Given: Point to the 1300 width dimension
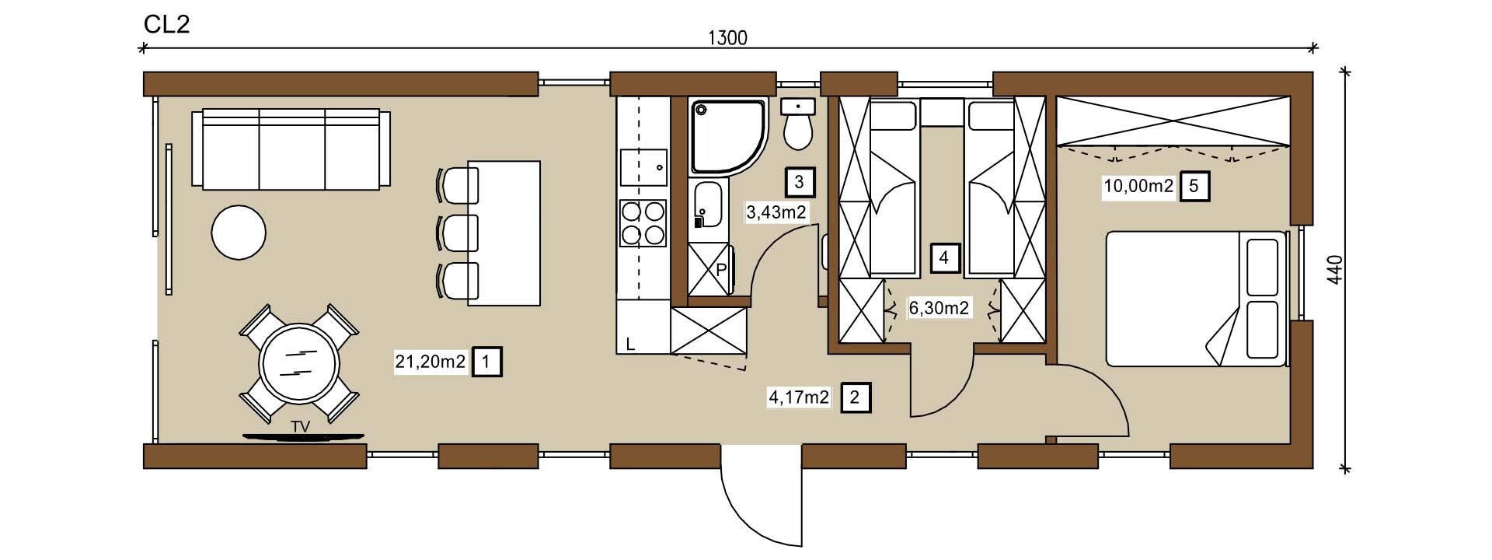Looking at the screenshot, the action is (x=728, y=37).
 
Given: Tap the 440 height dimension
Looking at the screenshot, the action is (x=1335, y=270).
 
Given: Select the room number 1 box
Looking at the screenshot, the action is (x=486, y=362).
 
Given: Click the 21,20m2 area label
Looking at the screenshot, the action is (x=431, y=362).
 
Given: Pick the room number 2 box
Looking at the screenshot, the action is (x=855, y=397).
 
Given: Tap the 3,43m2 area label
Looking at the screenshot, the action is (x=776, y=212).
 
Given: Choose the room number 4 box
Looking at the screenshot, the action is (x=944, y=257).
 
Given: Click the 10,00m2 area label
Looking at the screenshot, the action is (x=1138, y=187).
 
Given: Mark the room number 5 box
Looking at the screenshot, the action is (x=1194, y=187).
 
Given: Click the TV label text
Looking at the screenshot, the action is (x=301, y=427).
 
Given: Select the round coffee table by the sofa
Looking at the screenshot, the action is (x=239, y=232).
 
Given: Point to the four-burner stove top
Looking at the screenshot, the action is (x=643, y=223).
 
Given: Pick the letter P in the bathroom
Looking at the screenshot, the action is (x=720, y=270).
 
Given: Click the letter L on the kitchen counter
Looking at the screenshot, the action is (x=631, y=343).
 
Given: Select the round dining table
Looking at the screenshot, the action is (x=299, y=364).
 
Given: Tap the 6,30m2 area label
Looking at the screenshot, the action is (x=939, y=308).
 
